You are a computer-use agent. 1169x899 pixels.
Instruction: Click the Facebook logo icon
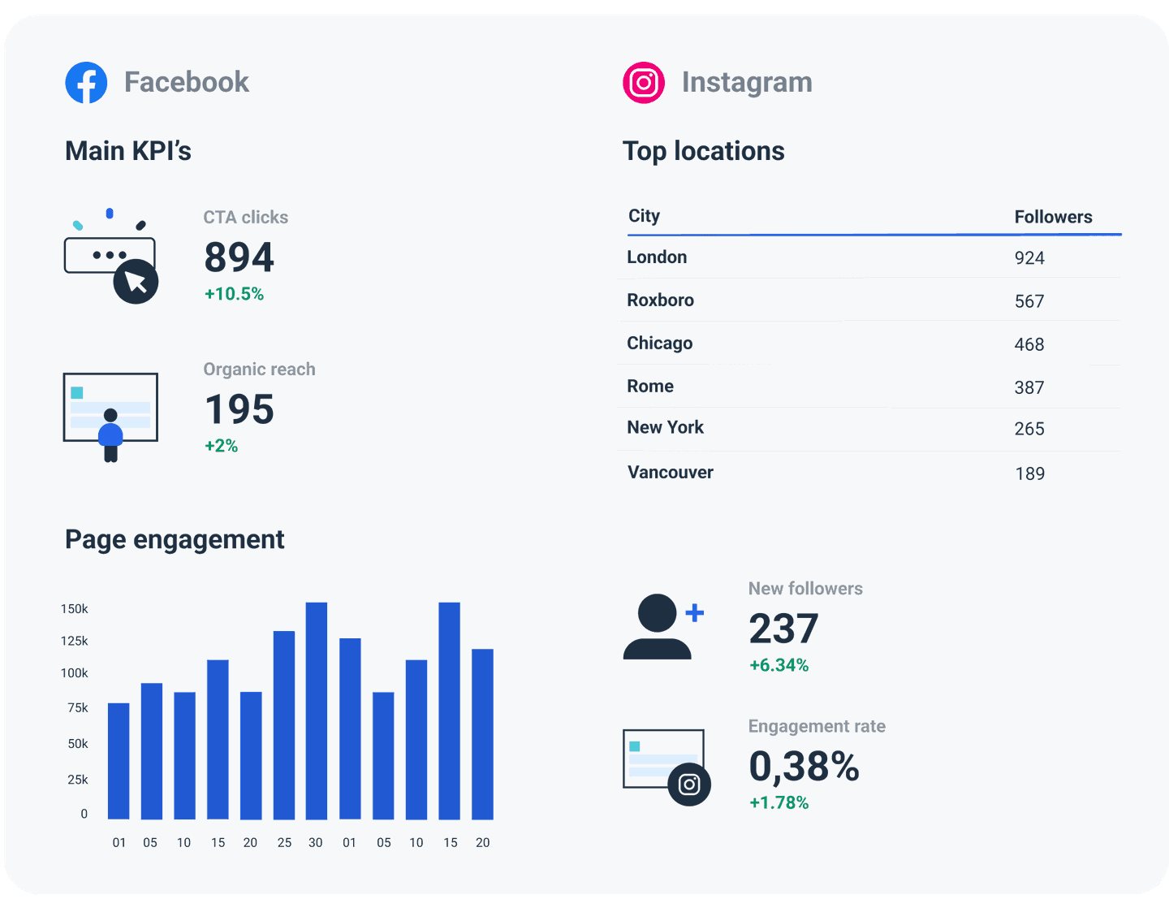[x=86, y=83]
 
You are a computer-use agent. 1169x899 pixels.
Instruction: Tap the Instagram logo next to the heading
[x=644, y=83]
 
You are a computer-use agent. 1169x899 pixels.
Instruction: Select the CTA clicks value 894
[x=239, y=257]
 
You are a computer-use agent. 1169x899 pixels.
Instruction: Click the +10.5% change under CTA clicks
[x=234, y=294]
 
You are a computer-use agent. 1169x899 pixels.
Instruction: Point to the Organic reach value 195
[x=239, y=409]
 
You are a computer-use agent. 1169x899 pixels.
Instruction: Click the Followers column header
[x=1053, y=217]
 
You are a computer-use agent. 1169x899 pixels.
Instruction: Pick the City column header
[x=644, y=216]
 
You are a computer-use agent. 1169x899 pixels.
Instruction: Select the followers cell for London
[x=1029, y=258]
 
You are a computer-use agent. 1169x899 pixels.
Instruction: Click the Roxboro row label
[x=660, y=300]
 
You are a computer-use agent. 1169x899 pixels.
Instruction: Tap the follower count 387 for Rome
[x=1029, y=387]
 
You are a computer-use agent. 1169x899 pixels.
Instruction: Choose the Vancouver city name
[x=670, y=473]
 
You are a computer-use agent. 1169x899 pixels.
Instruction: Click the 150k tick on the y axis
[x=75, y=609]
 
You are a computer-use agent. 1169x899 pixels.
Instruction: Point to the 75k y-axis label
[x=78, y=708]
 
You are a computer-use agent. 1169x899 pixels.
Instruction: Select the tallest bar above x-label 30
[x=317, y=711]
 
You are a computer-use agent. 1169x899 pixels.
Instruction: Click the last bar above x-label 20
[x=482, y=733]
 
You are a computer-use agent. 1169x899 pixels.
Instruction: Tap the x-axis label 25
[x=284, y=843]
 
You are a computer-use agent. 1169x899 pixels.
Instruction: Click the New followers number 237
[x=783, y=629]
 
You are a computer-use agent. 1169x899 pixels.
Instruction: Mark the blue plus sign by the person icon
[x=695, y=613]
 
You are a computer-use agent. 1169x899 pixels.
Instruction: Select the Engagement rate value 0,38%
[x=803, y=767]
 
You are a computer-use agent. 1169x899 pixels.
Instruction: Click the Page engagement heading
[x=175, y=539]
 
